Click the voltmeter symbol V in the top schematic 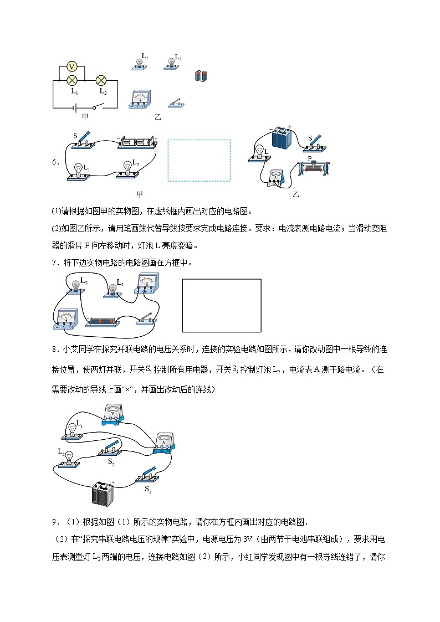pos(71,66)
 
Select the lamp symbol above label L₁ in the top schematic pos(71,80)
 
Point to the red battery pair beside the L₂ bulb pos(201,76)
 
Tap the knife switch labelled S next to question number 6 pos(81,141)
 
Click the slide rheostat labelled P pos(314,166)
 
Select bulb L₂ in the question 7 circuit pos(75,285)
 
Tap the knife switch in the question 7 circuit pos(147,320)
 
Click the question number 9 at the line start pos(55,521)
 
